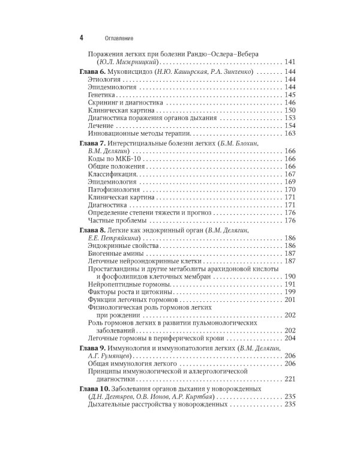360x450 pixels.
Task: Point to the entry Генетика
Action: point(103,95)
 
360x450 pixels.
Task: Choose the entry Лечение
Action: point(101,126)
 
